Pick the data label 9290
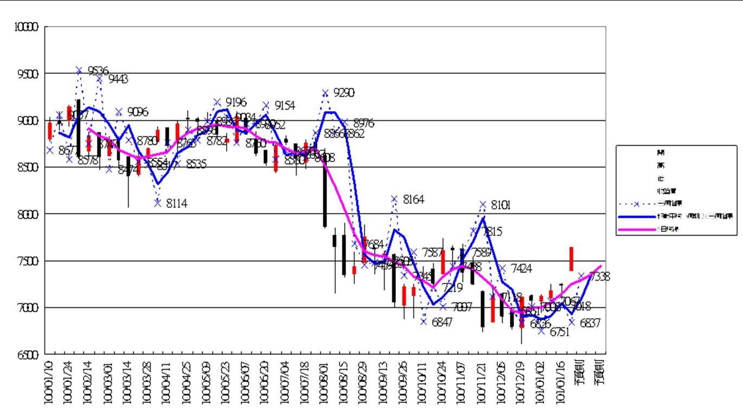[x=343, y=93]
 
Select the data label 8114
[x=177, y=203]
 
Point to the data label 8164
[x=413, y=199]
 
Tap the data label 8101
[x=501, y=205]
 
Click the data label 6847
[x=442, y=323]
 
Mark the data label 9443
[x=118, y=80]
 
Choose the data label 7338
[x=600, y=276]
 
